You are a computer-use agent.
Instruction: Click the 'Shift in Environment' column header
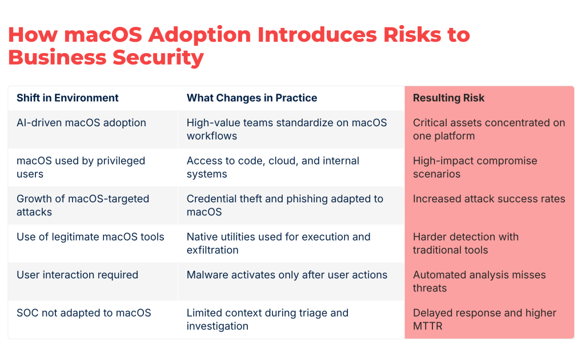point(67,98)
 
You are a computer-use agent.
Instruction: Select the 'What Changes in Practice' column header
point(251,98)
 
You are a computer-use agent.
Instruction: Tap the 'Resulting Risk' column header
point(448,98)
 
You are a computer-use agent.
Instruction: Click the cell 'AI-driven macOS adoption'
point(81,123)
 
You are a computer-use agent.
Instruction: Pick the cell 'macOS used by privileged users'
point(81,167)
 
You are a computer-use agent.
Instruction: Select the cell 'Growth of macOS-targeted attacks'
point(82,205)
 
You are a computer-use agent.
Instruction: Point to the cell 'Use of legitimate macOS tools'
point(90,237)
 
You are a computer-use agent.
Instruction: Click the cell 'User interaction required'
point(77,275)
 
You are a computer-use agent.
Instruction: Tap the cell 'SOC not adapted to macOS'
point(83,313)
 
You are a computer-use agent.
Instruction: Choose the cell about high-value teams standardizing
point(286,129)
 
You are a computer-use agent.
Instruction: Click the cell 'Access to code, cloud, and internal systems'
point(273,167)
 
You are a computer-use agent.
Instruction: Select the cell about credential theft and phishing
point(285,205)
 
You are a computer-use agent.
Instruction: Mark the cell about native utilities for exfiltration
point(278,243)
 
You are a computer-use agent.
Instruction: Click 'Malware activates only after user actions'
point(287,275)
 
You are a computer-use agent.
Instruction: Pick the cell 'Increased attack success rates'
point(488,199)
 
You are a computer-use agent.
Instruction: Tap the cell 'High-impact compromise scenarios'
point(475,167)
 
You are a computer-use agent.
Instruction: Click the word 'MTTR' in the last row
point(428,326)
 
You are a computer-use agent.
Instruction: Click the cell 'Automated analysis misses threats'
point(479,281)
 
